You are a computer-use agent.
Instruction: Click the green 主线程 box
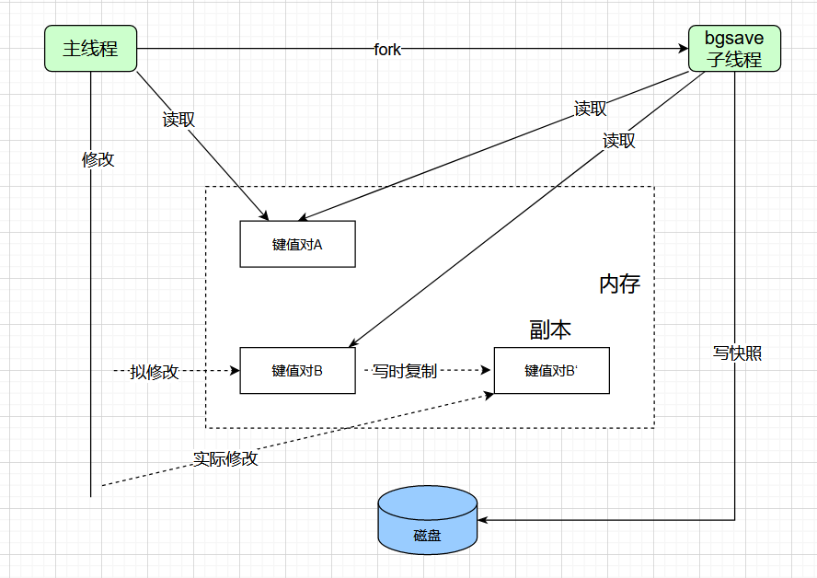(x=90, y=49)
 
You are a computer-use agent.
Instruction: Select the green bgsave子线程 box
(x=733, y=49)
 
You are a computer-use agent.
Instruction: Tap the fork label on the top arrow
(x=387, y=50)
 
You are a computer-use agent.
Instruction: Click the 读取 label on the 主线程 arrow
(x=178, y=120)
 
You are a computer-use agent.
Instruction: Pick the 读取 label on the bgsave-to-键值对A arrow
(x=590, y=110)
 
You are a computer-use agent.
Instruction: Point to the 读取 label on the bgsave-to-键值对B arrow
(x=619, y=141)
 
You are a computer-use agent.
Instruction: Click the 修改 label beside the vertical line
(x=98, y=159)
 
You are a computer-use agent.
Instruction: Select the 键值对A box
(x=297, y=245)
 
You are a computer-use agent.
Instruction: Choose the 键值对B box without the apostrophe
(x=297, y=371)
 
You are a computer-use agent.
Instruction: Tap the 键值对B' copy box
(x=551, y=371)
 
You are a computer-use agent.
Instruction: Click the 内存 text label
(x=619, y=284)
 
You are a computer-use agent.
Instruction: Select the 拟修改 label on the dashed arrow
(x=155, y=372)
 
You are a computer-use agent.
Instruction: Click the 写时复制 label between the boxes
(x=404, y=371)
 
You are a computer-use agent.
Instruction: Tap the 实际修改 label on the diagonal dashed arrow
(x=225, y=458)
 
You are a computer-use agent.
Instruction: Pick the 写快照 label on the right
(x=737, y=353)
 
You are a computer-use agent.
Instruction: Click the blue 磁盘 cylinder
(x=427, y=520)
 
